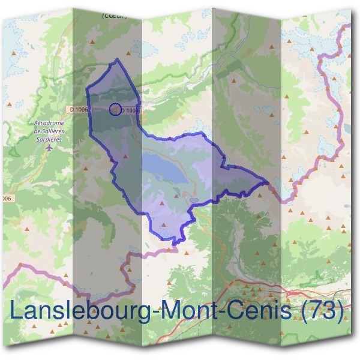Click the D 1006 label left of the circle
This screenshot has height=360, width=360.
coord(79,109)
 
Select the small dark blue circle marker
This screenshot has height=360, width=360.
coord(115,109)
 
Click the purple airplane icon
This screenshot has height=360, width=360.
coord(49,145)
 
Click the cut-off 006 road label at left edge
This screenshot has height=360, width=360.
coord(5,198)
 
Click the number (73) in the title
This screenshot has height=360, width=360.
coord(325,313)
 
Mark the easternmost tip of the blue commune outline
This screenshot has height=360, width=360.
coord(268,180)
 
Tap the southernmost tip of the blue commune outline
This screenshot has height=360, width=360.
coord(175,243)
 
